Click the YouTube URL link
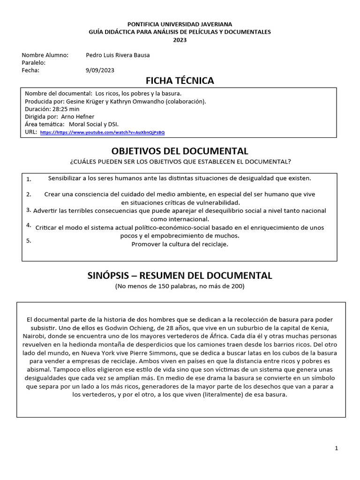pos(102,133)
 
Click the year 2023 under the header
pos(180,40)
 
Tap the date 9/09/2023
pos(100,70)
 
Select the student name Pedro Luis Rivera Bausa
pos(118,55)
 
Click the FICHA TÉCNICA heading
pos(180,81)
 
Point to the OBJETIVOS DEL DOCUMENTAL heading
pos(180,151)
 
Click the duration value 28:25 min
pos(69,109)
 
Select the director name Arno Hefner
pos(78,117)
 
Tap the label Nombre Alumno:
pos(45,55)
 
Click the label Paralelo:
pos(34,63)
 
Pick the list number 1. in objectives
pos(29,179)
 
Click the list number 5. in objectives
pos(29,240)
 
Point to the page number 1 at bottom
pos(336,449)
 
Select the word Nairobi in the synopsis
pos(34,336)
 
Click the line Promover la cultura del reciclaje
pos(180,244)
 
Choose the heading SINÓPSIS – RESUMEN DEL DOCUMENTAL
pos(180,275)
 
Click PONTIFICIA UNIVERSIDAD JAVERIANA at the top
pos(180,24)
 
